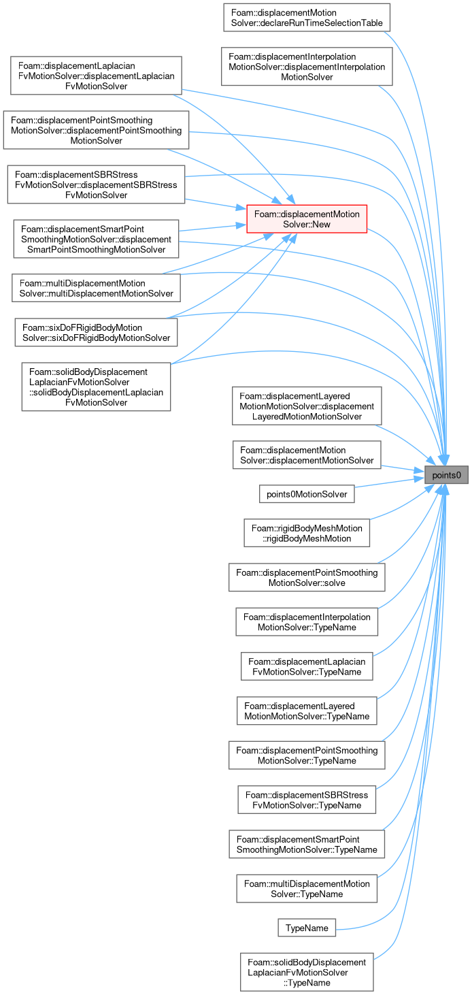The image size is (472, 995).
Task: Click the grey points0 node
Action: point(446,475)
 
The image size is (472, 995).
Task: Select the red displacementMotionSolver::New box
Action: point(307,219)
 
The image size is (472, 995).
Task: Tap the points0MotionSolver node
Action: point(307,494)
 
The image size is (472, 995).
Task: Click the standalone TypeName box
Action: point(307,928)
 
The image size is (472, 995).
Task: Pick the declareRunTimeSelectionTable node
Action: point(307,18)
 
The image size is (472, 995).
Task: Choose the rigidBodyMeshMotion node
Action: point(307,533)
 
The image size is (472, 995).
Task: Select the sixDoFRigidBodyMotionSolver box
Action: point(97,332)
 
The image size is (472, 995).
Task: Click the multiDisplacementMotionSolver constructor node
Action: point(97,288)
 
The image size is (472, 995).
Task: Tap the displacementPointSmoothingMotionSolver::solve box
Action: point(307,577)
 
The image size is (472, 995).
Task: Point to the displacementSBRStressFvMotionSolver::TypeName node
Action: point(307,800)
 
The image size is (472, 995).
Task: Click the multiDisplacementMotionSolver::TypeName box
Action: point(307,889)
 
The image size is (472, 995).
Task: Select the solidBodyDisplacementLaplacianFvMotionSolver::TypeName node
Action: point(307,973)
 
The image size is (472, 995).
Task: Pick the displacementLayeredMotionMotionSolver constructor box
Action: point(307,406)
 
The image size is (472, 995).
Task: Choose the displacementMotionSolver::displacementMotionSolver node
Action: point(307,455)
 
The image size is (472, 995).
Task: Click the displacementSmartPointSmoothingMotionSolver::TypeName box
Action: point(307,845)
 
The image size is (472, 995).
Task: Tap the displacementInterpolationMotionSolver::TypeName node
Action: point(307,622)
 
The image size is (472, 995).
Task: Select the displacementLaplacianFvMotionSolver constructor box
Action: point(97,76)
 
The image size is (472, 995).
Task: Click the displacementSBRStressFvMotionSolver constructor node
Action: point(97,184)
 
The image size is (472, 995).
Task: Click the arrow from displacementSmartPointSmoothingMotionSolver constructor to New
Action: point(212,228)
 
